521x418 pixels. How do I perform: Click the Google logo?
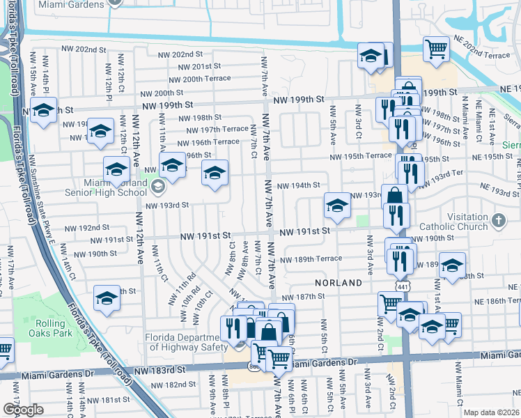pos(23,410)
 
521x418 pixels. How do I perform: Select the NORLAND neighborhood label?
pos(338,283)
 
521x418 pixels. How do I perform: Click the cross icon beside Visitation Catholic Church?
pos(497,221)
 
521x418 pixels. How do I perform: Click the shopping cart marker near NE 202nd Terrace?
pos(436,49)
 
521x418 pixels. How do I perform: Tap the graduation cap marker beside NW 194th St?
pos(336,206)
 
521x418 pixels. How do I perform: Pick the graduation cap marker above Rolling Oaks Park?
pos(107,297)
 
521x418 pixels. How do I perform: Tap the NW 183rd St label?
pos(164,371)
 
